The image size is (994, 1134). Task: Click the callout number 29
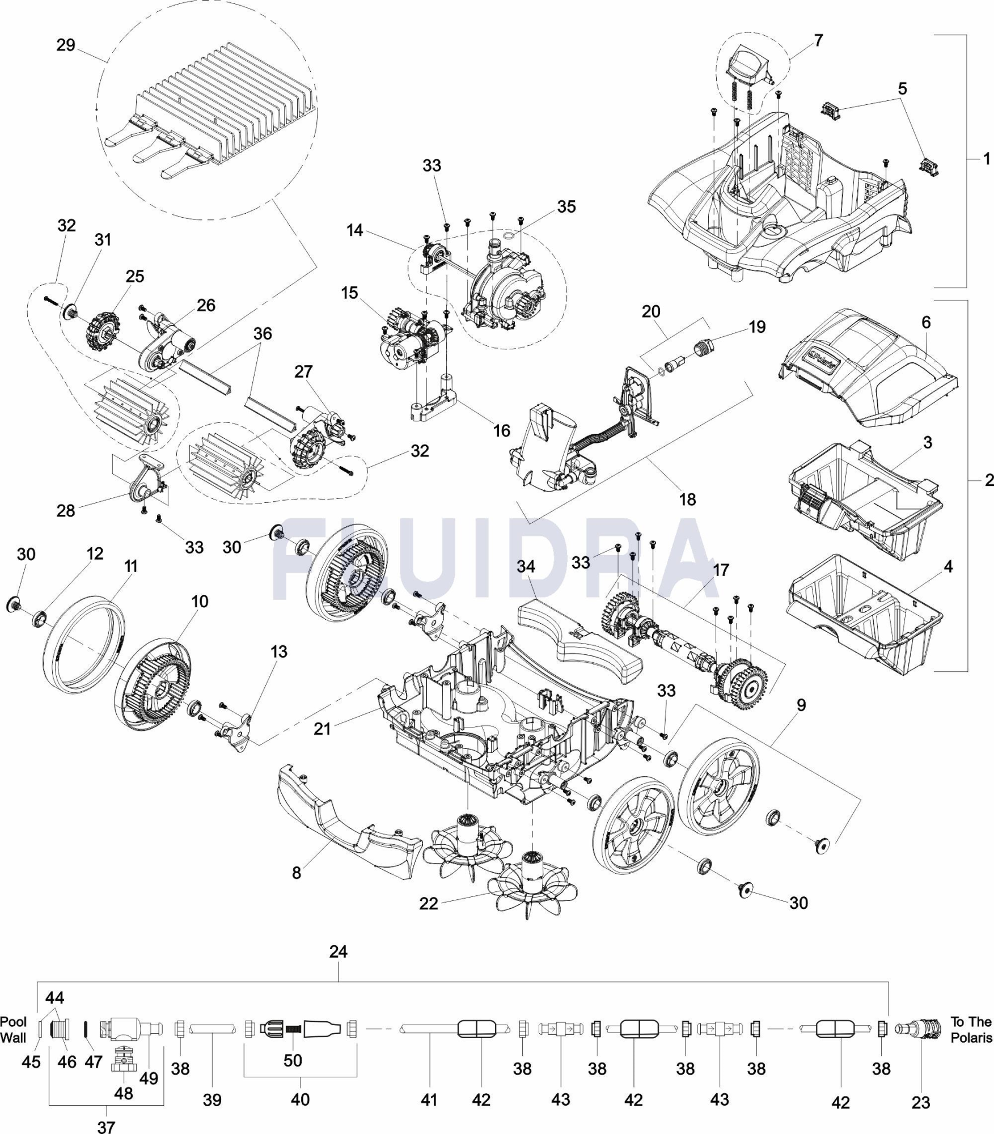pyautogui.click(x=66, y=45)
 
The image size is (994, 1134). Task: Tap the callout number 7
pyautogui.click(x=818, y=41)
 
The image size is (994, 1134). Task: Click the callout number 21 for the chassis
pyautogui.click(x=322, y=729)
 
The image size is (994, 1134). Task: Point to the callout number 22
pyautogui.click(x=429, y=903)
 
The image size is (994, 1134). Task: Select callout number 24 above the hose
pyautogui.click(x=339, y=952)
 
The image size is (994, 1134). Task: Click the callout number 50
pyautogui.click(x=293, y=1060)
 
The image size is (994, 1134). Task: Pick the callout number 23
pyautogui.click(x=921, y=1103)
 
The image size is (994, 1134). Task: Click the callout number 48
pyautogui.click(x=124, y=1093)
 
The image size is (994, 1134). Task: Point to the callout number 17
pyautogui.click(x=721, y=570)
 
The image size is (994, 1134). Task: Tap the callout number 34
pyautogui.click(x=526, y=566)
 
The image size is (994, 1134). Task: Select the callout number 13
pyautogui.click(x=279, y=651)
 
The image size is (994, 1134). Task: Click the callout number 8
pyautogui.click(x=297, y=873)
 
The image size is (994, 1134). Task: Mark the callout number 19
pyautogui.click(x=757, y=327)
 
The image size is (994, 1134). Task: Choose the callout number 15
pyautogui.click(x=349, y=293)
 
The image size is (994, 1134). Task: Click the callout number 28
pyautogui.click(x=66, y=510)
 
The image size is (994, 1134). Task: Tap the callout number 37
pyautogui.click(x=106, y=1127)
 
